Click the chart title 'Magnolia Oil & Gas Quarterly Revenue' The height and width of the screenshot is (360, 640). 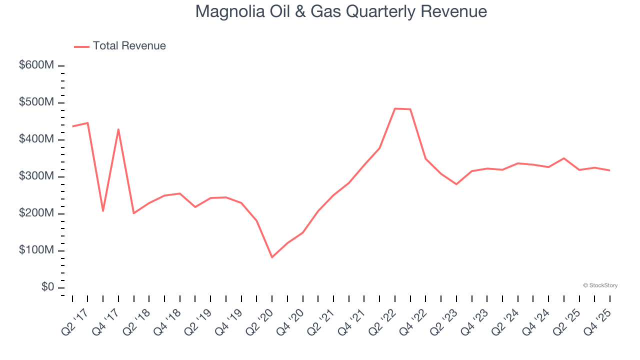[x=341, y=11]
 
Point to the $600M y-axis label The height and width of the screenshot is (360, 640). [x=36, y=65]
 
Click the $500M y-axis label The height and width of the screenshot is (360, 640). [x=36, y=102]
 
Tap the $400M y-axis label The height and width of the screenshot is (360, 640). [x=36, y=139]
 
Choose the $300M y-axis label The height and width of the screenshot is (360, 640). [x=36, y=176]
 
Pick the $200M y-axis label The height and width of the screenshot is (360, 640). [x=36, y=213]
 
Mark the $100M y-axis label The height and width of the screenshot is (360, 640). [x=36, y=250]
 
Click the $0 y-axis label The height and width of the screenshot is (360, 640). [x=48, y=287]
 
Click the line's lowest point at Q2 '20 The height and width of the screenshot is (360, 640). [x=272, y=257]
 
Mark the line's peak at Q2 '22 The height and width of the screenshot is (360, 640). [x=395, y=108]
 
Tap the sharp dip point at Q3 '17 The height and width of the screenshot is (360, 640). [x=103, y=211]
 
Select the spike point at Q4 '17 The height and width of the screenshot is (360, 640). [x=118, y=129]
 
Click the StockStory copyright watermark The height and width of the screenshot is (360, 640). [x=600, y=285]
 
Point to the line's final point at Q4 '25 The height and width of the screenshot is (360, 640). [x=610, y=170]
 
